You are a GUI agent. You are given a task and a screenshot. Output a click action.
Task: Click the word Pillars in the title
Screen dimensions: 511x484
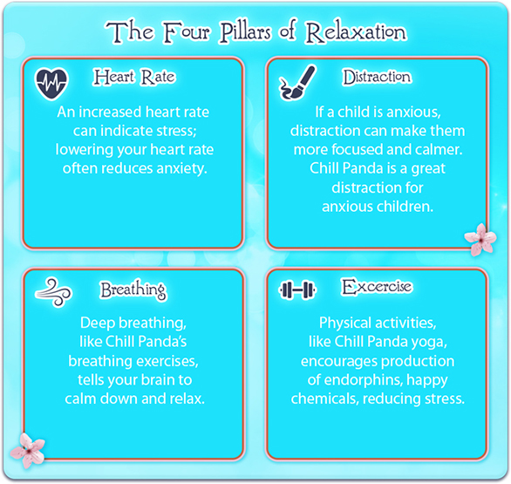(245, 32)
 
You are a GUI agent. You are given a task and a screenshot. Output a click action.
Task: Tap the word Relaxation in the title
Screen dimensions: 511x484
(356, 32)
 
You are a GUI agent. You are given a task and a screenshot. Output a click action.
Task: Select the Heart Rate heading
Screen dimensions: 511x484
(134, 78)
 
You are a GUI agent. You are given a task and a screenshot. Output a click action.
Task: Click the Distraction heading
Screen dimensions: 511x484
(377, 78)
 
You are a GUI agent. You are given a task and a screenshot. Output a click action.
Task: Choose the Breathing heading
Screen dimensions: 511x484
(133, 290)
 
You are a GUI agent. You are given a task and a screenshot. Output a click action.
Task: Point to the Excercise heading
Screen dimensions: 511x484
(377, 287)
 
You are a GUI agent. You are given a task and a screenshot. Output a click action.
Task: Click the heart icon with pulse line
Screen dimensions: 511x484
(51, 84)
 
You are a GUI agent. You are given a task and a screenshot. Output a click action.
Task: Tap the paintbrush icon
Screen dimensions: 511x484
(297, 83)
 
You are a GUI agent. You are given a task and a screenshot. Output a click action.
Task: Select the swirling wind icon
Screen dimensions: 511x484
(54, 292)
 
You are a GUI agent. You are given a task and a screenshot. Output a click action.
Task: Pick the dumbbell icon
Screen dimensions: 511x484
(297, 290)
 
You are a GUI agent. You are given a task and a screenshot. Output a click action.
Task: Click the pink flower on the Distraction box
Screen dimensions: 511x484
(480, 239)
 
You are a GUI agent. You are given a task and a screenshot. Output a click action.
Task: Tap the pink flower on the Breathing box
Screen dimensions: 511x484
(28, 450)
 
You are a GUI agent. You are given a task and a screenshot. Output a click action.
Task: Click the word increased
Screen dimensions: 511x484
(110, 112)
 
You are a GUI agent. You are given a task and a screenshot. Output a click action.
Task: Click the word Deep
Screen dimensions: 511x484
(98, 324)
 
